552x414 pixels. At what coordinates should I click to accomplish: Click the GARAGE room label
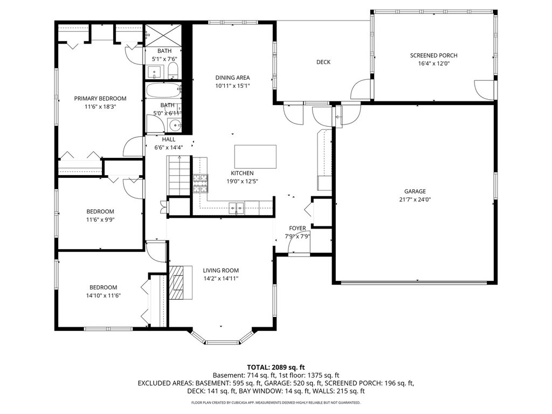tap(415, 191)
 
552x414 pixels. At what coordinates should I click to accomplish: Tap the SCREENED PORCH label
tap(434, 56)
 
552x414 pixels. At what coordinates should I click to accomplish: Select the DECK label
tap(323, 62)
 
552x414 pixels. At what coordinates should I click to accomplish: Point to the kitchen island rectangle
tap(255, 157)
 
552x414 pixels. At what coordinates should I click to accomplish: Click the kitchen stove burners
tap(201, 183)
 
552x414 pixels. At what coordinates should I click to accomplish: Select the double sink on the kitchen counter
tap(236, 208)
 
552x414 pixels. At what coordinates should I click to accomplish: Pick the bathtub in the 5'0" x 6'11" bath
tap(163, 91)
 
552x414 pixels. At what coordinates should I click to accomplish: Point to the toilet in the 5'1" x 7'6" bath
tap(173, 71)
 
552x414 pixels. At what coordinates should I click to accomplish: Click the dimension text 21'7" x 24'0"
tap(415, 199)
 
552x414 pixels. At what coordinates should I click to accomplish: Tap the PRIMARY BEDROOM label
tap(100, 98)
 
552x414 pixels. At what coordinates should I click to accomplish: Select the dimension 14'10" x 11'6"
tap(103, 296)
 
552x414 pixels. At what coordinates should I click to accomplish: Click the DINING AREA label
tap(232, 78)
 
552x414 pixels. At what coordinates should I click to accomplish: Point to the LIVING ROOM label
tap(220, 271)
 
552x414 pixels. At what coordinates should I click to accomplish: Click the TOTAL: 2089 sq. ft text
tap(275, 368)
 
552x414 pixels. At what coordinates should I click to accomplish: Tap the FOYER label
tap(298, 228)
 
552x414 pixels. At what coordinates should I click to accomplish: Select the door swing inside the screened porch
tap(484, 90)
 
